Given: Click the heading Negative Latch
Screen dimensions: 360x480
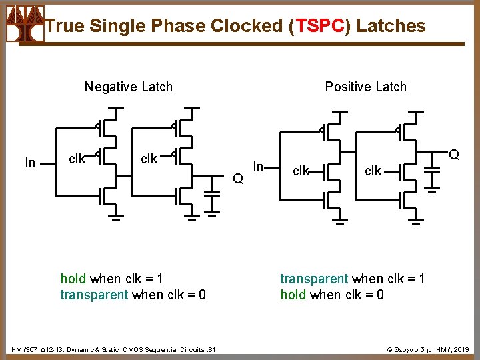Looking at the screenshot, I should click(128, 87).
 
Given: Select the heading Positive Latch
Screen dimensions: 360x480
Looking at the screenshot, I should click(365, 87).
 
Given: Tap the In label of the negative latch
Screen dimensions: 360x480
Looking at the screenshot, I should click(30, 163).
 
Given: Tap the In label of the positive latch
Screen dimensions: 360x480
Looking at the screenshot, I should click(260, 165).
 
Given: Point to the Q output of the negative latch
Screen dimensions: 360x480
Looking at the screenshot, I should click(237, 178).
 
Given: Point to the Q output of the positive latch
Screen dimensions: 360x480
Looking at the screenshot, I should click(454, 155).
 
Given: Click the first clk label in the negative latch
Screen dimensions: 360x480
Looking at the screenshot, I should click(77, 159).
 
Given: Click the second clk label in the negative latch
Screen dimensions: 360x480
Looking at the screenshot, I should click(149, 159).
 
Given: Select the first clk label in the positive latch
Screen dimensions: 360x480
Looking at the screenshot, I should click(301, 171).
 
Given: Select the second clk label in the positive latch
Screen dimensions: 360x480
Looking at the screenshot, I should click(373, 171).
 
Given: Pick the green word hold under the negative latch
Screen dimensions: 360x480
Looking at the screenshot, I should click(73, 279).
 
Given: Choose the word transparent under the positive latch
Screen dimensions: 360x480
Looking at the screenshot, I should click(313, 279).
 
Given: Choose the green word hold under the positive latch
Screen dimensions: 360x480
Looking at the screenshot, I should click(293, 295).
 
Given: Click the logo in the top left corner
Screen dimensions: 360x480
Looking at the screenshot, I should click(25, 24).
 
